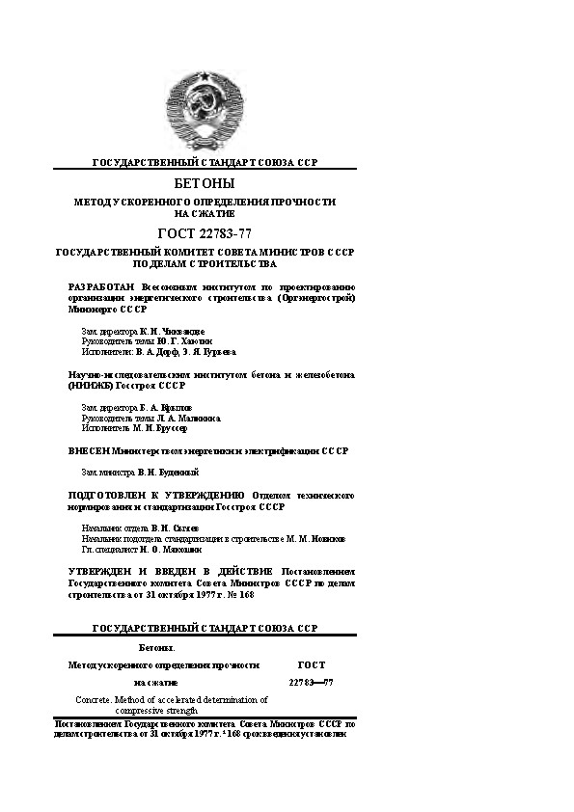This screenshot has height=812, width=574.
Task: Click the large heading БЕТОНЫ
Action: (205, 183)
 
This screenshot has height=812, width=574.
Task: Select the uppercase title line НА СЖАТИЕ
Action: (205, 214)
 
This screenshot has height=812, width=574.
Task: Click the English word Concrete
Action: (96, 699)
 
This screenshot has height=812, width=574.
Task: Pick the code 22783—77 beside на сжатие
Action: (311, 683)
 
